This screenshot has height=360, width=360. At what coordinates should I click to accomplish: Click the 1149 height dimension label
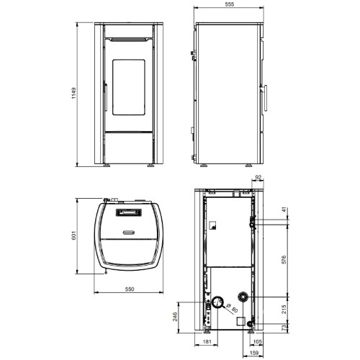tap(73, 93)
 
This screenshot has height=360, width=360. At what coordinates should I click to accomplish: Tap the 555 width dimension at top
tap(230, 4)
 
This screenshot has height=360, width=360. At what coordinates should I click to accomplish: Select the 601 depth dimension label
tap(73, 235)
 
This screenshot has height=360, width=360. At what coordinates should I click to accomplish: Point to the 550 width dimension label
tap(130, 289)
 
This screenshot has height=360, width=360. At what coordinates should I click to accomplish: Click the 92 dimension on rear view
tap(258, 178)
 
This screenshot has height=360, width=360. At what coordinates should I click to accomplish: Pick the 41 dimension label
tap(284, 210)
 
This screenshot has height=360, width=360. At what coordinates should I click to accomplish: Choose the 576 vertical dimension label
tap(284, 260)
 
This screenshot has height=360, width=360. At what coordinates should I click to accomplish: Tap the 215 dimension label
tap(284, 310)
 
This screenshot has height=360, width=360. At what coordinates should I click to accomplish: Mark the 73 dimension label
tap(284, 328)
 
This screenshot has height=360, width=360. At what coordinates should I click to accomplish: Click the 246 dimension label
tap(175, 317)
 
